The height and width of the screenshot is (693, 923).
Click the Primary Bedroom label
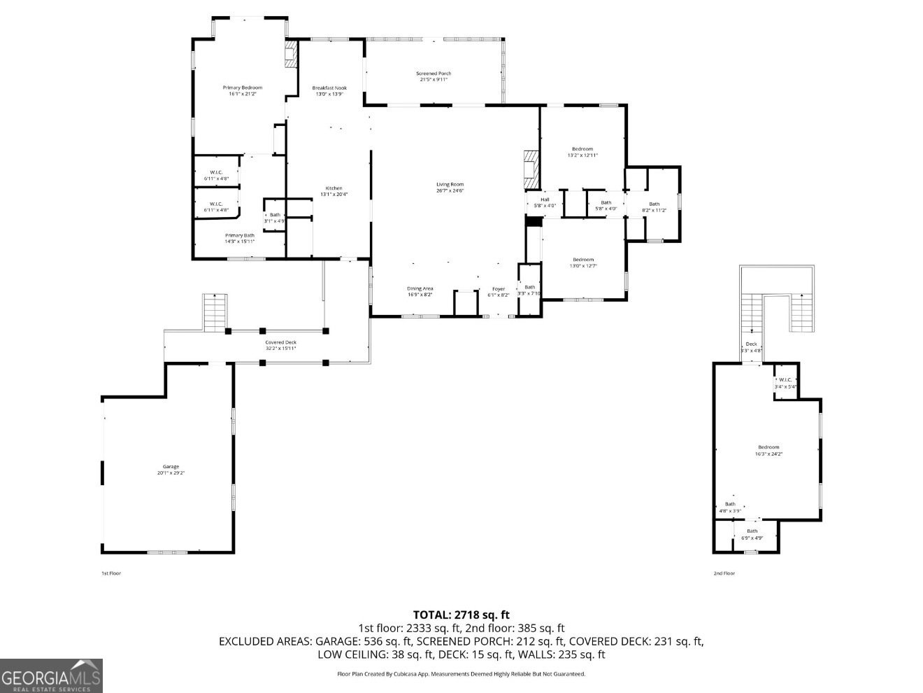click(x=242, y=90)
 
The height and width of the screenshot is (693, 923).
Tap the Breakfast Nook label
click(x=329, y=90)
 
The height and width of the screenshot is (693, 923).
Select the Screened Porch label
click(x=434, y=76)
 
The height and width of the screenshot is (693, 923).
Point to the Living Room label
click(x=450, y=188)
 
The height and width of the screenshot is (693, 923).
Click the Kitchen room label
click(x=334, y=191)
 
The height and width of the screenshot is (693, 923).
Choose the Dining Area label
click(x=420, y=291)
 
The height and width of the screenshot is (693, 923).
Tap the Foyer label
click(x=498, y=291)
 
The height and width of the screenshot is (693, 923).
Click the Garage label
click(x=171, y=470)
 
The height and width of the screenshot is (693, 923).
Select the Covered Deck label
click(x=280, y=345)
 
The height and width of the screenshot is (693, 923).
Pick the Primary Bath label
click(x=239, y=238)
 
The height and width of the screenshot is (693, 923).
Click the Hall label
click(x=545, y=202)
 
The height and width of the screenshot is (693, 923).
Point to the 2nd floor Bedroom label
click(x=768, y=450)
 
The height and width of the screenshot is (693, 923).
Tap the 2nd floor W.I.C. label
click(x=785, y=383)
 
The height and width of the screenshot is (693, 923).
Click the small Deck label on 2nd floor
click(x=752, y=346)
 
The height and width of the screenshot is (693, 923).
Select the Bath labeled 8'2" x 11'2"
click(x=654, y=207)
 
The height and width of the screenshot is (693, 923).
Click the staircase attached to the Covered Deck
click(x=215, y=312)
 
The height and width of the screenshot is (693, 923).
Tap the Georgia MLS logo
click(x=51, y=675)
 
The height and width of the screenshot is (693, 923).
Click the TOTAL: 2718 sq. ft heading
click(x=461, y=615)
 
